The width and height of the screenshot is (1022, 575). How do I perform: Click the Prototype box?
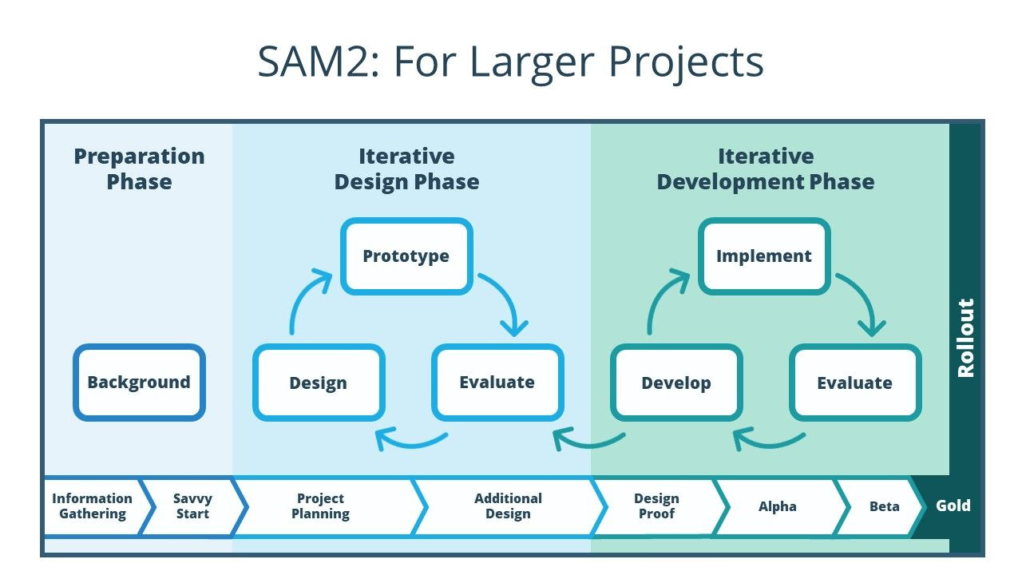click(x=406, y=256)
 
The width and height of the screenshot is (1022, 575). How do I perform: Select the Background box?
click(x=139, y=383)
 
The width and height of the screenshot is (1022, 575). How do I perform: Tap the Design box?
click(x=318, y=383)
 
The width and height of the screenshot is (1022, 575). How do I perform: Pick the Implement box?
click(x=764, y=256)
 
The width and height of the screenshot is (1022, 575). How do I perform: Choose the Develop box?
click(x=675, y=383)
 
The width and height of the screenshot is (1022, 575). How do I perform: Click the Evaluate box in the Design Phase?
click(x=497, y=383)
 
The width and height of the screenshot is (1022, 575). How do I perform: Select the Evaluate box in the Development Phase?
click(x=854, y=383)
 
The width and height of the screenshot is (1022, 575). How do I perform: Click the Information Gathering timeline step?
click(x=92, y=506)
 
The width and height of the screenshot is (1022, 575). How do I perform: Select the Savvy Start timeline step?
click(x=192, y=506)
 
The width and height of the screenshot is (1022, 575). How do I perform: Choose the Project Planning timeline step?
click(x=320, y=506)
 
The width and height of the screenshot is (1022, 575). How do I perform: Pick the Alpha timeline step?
click(x=777, y=506)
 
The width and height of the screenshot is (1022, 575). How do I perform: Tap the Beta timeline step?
click(x=884, y=506)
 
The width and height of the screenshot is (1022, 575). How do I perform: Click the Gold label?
click(x=953, y=506)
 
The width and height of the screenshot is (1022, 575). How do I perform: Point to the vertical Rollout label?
click(x=966, y=337)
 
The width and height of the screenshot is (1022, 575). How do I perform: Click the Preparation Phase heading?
click(x=139, y=169)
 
